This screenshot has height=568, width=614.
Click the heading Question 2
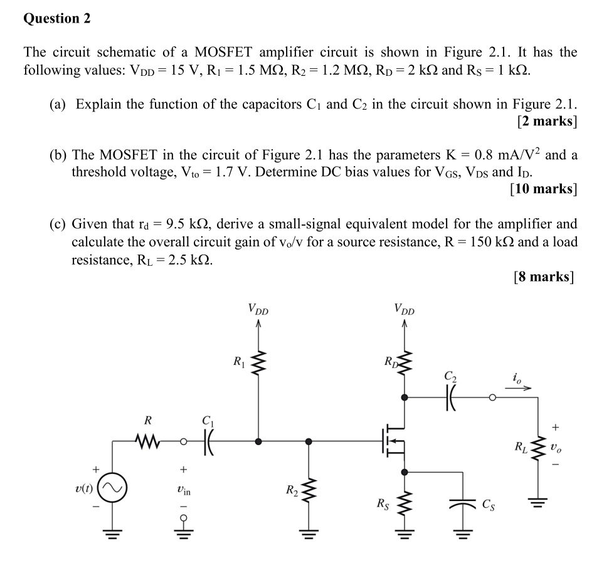click(57, 19)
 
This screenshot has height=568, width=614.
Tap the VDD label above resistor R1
click(258, 308)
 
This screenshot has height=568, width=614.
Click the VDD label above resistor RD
click(405, 308)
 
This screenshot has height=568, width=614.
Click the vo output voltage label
click(557, 449)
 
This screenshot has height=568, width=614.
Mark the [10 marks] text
click(544, 188)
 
